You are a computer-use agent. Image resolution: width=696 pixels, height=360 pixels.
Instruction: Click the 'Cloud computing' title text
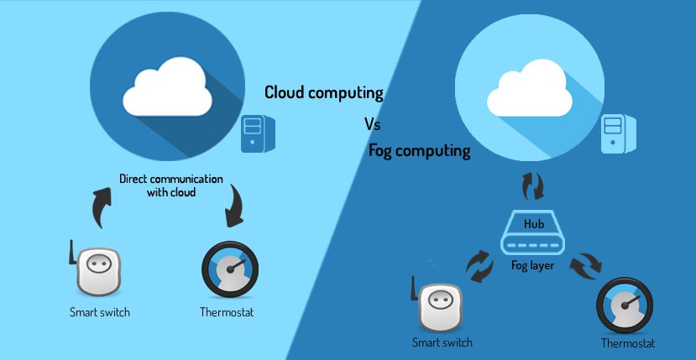324,92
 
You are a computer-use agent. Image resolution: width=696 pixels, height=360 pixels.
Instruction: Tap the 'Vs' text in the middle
373,124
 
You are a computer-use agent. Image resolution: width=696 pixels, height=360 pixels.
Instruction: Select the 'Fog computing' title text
419,152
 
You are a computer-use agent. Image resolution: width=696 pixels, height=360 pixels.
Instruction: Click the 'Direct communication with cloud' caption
170,185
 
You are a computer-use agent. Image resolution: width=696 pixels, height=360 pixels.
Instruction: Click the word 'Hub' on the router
534,225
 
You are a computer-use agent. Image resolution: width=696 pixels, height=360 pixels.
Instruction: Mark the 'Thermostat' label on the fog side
628,343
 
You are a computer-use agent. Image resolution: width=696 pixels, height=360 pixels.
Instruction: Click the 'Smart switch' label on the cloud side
100,313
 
